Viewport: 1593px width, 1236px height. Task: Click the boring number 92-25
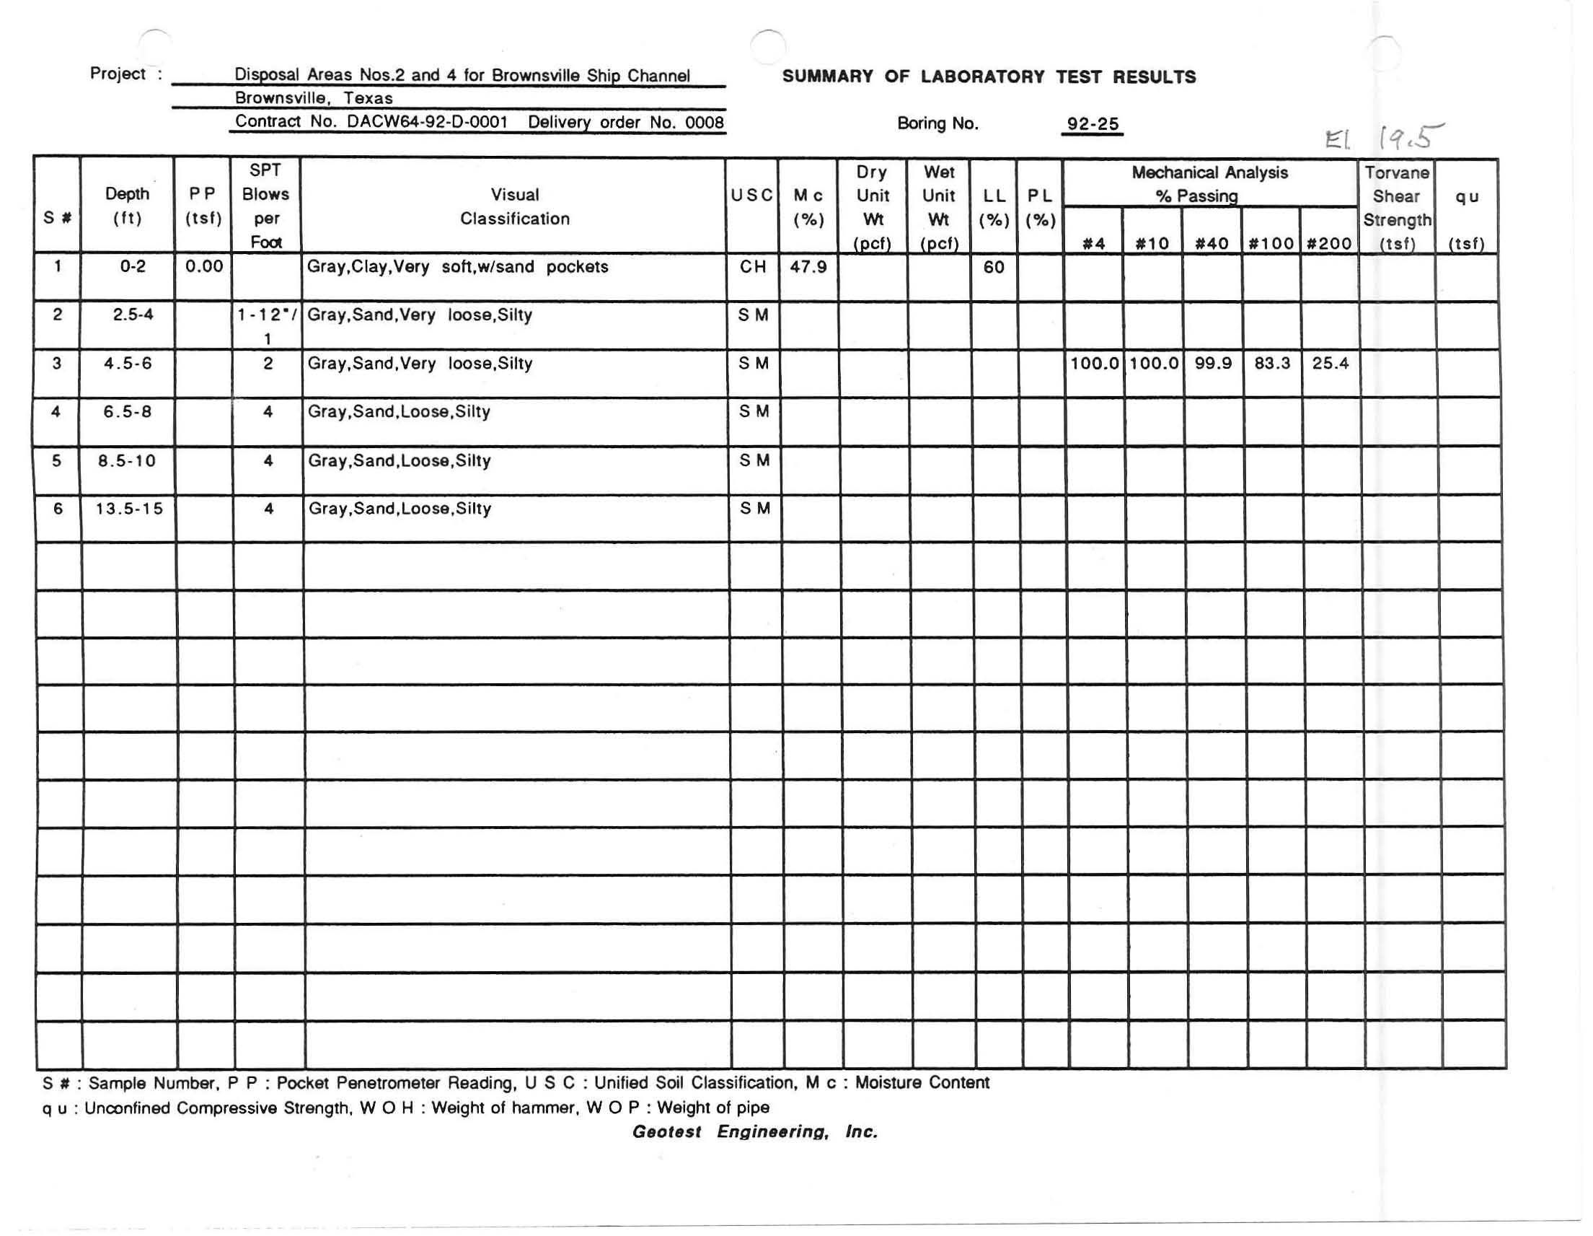click(x=1092, y=124)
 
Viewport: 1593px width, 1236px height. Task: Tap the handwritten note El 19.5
click(x=1383, y=137)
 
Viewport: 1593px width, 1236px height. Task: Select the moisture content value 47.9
click(x=808, y=267)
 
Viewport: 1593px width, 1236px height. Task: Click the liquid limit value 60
click(x=994, y=267)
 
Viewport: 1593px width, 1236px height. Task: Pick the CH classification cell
click(x=753, y=267)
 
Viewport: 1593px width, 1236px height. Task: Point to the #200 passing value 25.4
click(x=1330, y=364)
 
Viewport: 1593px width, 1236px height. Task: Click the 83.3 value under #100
click(x=1272, y=364)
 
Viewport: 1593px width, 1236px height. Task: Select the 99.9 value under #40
click(x=1213, y=364)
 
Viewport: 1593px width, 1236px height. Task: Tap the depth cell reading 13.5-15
click(x=129, y=509)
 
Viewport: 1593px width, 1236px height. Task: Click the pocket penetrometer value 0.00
click(x=203, y=266)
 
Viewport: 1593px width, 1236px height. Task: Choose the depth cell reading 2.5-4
click(x=133, y=315)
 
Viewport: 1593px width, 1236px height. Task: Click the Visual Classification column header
click(x=514, y=206)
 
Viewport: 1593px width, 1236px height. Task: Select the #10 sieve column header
click(x=1152, y=244)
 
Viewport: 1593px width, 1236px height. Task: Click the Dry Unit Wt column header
click(x=873, y=207)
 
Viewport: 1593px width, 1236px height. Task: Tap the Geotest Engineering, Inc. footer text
click(x=755, y=1131)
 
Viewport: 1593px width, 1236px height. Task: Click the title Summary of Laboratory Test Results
click(x=989, y=76)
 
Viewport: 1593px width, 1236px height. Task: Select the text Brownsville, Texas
click(x=314, y=99)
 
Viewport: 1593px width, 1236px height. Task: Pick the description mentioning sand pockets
click(x=457, y=267)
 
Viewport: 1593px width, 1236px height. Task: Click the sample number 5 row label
click(x=57, y=460)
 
